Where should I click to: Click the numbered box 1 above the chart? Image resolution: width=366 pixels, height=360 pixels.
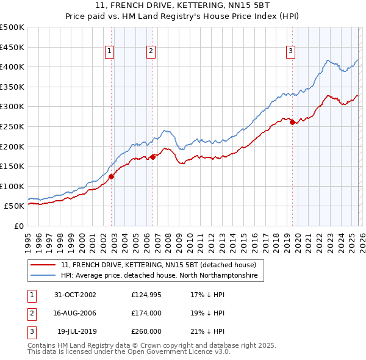(109, 52)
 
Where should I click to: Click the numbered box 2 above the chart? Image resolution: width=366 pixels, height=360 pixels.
(150, 52)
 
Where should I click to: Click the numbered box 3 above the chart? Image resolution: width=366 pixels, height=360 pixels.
(291, 52)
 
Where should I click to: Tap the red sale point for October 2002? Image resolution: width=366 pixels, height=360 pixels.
(112, 176)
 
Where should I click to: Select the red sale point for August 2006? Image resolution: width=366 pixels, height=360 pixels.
(152, 157)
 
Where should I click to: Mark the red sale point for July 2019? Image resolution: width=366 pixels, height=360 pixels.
(292, 123)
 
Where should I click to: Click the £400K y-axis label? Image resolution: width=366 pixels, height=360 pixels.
(12, 67)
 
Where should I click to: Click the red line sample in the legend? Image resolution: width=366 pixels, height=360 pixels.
(43, 265)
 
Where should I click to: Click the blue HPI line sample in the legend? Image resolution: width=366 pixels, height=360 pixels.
(43, 276)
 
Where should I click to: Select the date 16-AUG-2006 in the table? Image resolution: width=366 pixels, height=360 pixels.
(75, 313)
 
